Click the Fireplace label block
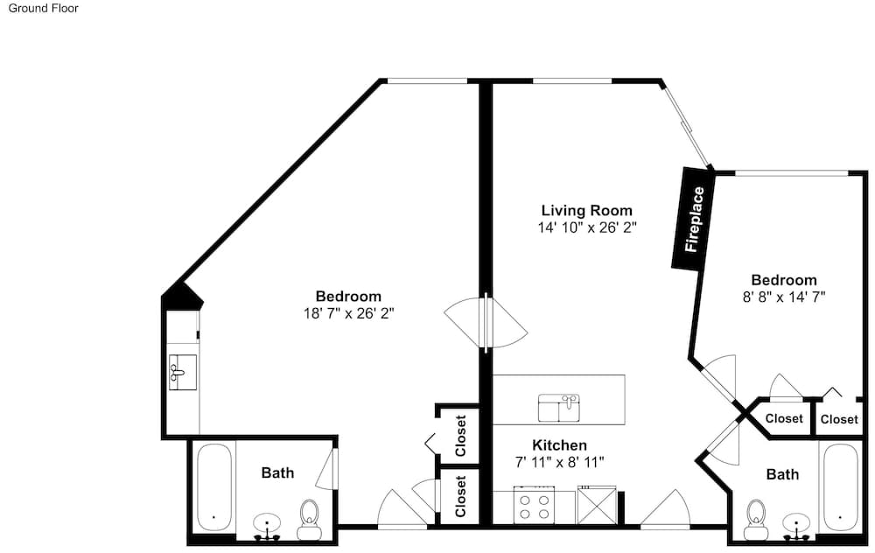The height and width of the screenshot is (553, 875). coord(692,219)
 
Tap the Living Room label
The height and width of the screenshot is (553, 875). coord(587,210)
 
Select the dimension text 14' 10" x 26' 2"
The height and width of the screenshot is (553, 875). coord(587,227)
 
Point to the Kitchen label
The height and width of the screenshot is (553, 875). coord(559,444)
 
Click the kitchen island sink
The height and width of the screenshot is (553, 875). coord(559,408)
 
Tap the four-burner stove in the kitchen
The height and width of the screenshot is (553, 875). coord(534,504)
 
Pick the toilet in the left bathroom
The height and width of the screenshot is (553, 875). coord(309,519)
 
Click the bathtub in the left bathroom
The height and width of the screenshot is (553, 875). coord(213,487)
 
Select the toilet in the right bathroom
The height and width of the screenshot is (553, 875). coord(756,519)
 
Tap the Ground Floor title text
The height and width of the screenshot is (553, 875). coord(43,9)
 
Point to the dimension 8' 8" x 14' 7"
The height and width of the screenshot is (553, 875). coord(783,297)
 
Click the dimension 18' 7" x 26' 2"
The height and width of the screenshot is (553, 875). coord(349,313)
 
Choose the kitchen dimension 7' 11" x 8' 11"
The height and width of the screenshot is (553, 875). coord(559,462)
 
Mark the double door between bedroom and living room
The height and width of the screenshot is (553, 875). coord(486,323)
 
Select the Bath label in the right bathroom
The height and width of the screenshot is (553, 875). coord(782,474)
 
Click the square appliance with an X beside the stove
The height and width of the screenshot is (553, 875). coord(597,505)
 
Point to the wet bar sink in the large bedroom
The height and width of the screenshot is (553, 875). coord(183,372)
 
